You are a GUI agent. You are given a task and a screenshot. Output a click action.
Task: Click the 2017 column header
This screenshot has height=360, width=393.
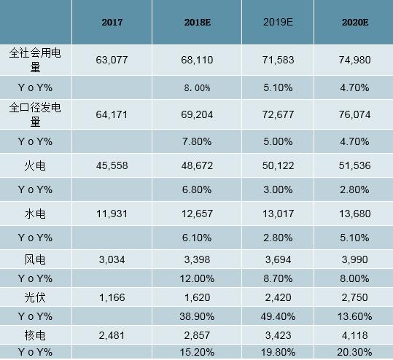pos(112,23)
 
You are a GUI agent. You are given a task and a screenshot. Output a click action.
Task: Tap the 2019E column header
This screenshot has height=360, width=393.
pos(278,23)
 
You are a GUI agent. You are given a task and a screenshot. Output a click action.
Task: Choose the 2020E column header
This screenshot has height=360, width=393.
pos(355,23)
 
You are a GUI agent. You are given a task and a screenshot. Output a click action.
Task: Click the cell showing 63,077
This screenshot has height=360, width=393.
pos(112,60)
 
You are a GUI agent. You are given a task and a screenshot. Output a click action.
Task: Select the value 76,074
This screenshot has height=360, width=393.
pos(355,114)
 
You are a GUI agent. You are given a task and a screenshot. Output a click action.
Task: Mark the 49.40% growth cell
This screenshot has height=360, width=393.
pos(278,317)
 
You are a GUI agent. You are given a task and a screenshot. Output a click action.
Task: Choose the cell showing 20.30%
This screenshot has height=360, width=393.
pos(355,352)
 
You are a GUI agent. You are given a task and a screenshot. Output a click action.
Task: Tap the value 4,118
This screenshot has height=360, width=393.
pos(355,335)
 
